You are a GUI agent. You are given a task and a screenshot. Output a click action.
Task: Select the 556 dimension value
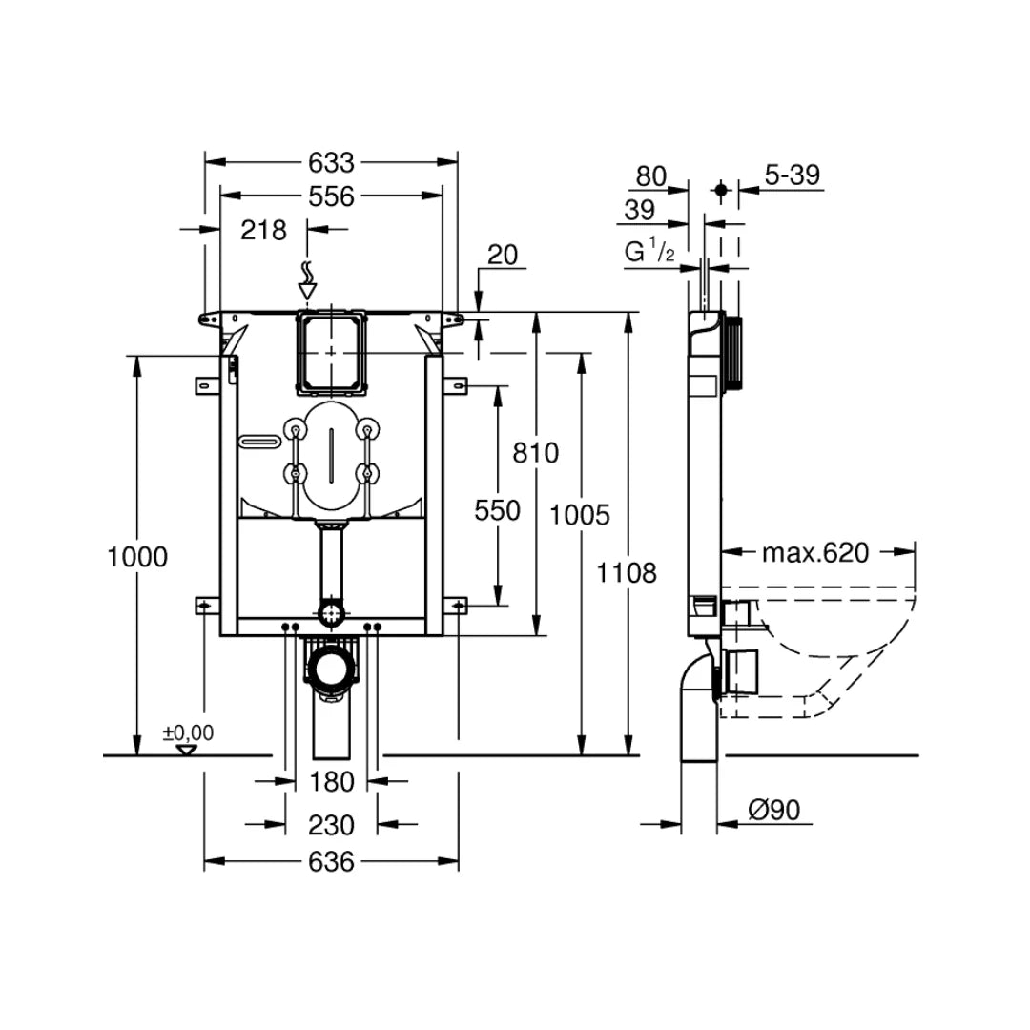click(331, 196)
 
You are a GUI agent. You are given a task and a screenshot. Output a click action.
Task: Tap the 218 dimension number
click(263, 230)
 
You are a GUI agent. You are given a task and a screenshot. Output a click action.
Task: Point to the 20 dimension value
click(502, 254)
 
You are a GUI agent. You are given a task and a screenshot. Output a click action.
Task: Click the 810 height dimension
click(535, 453)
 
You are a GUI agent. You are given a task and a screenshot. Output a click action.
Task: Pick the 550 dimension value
click(498, 511)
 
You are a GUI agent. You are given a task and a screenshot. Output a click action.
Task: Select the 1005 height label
click(580, 515)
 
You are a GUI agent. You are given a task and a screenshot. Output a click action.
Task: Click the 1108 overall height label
click(627, 573)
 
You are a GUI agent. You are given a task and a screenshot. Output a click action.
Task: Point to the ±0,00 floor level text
click(188, 732)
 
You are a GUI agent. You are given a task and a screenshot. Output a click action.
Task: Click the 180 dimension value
click(332, 782)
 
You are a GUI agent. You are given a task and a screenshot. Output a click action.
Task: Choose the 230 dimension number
click(332, 825)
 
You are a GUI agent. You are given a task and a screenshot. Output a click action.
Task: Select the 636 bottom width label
click(332, 862)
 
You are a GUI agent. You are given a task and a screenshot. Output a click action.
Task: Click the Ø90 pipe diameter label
click(773, 810)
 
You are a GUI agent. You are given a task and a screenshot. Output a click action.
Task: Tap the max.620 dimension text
click(815, 552)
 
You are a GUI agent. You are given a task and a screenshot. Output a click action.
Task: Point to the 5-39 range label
click(793, 175)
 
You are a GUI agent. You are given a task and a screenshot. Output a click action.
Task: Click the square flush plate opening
click(331, 351)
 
